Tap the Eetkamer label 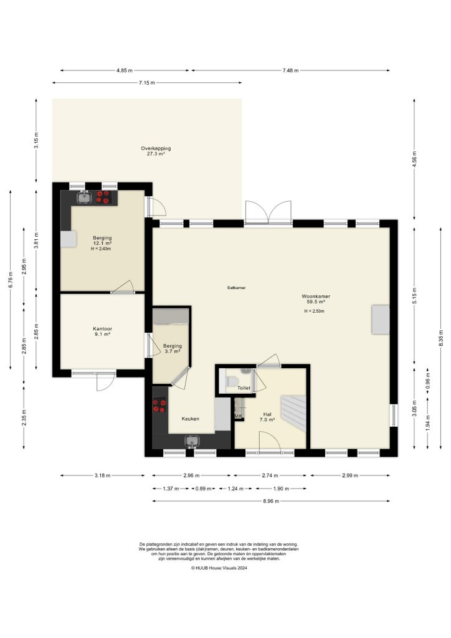(x=236, y=288)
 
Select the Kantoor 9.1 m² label (x=102, y=331)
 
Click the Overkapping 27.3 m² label (x=147, y=151)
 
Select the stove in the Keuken (x=159, y=406)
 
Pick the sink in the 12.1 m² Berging (x=84, y=198)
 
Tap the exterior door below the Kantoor (x=105, y=381)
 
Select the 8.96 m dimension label (x=271, y=501)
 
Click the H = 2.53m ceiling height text (x=315, y=311)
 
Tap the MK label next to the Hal (x=238, y=415)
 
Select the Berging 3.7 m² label (x=173, y=349)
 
